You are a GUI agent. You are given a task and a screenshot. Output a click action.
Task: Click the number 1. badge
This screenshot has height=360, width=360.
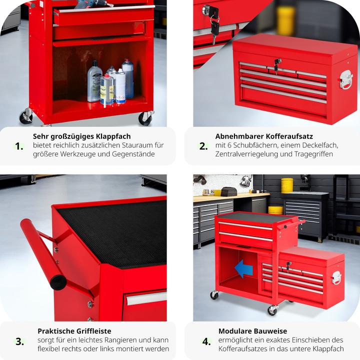point(19,146)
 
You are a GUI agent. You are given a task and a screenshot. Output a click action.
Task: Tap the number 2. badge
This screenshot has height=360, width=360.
point(203,146)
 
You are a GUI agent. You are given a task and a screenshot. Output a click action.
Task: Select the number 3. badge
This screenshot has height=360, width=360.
point(19,341)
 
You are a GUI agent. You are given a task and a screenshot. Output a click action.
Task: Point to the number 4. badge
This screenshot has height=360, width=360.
point(206,341)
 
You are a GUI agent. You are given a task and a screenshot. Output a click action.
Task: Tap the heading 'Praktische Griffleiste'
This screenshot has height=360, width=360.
point(74,330)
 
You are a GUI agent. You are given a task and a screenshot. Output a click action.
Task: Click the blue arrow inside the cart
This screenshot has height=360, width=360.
point(243,269)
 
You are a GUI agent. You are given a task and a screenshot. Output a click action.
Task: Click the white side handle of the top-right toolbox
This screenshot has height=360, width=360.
point(346,79)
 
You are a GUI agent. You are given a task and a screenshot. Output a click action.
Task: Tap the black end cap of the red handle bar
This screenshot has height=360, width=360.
point(58,282)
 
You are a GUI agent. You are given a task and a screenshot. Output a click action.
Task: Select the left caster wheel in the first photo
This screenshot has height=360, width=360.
point(25,116)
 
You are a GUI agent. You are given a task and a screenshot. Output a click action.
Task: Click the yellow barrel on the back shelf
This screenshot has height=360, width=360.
point(287,185)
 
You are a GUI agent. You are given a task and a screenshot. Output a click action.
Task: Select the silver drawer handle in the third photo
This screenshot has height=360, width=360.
point(145,298)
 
